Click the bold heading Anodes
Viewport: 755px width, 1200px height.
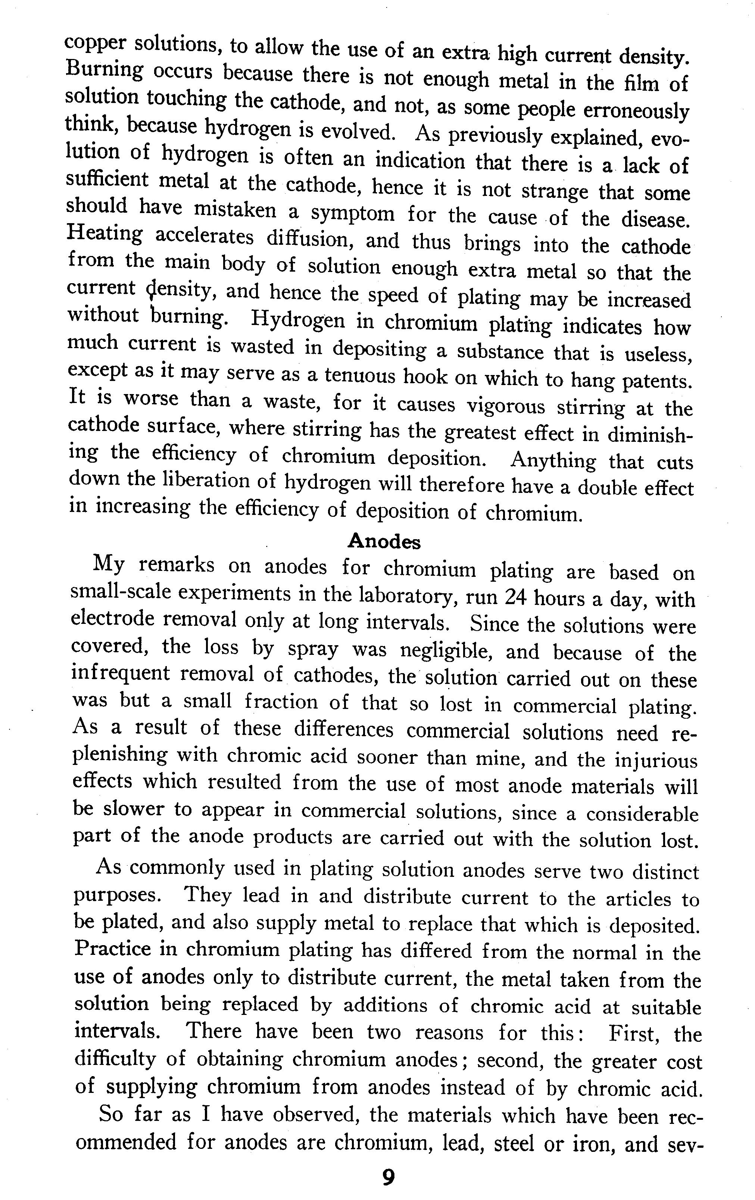point(383,541)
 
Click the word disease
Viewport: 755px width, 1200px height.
point(656,219)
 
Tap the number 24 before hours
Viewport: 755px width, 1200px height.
point(516,597)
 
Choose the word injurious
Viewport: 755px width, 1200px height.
point(655,761)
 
